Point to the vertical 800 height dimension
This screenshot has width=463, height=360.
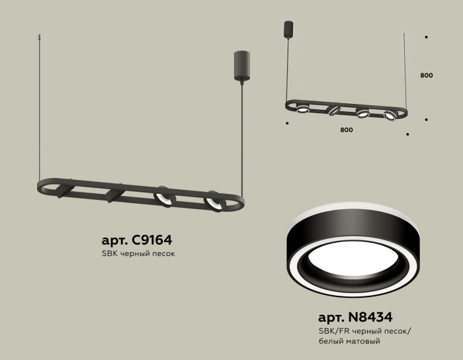tap(426, 75)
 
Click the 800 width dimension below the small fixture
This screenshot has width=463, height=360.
tap(346, 130)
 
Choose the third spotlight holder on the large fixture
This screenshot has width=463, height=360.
tap(163, 197)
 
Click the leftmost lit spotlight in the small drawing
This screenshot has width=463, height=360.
tap(303, 108)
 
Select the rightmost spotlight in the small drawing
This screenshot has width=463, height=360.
tap(389, 116)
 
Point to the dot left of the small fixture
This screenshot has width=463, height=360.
tap(286, 123)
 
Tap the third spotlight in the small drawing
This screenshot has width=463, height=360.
tap(363, 113)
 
